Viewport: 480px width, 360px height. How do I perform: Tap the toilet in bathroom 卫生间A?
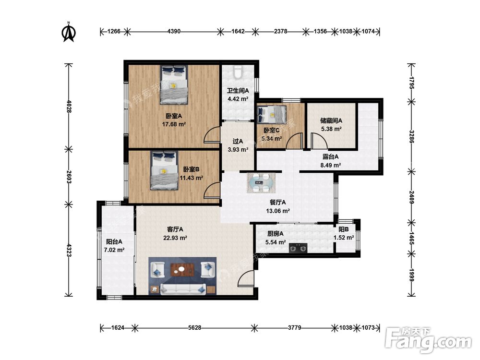tap(238, 72)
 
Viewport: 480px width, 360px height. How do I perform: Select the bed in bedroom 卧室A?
tap(174, 85)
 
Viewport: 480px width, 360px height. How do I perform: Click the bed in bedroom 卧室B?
tap(164, 170)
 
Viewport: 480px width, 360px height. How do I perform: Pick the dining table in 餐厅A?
tap(261, 183)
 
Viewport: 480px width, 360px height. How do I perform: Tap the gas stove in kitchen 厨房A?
tap(298, 248)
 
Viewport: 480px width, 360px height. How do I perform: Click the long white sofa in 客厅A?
tap(183, 288)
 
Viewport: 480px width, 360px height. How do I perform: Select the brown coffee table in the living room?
tap(183, 270)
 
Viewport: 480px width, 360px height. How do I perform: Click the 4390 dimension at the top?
tap(174, 31)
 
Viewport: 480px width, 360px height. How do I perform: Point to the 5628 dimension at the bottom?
tap(195, 328)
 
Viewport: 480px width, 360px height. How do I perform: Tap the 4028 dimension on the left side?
tap(69, 107)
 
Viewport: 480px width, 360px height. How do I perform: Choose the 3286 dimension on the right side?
tap(412, 137)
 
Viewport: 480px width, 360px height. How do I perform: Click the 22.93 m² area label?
tap(175, 238)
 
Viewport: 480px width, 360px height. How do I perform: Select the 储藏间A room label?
tap(331, 120)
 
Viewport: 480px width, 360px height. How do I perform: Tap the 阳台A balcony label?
tap(114, 241)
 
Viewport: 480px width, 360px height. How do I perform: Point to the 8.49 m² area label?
tap(331, 165)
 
